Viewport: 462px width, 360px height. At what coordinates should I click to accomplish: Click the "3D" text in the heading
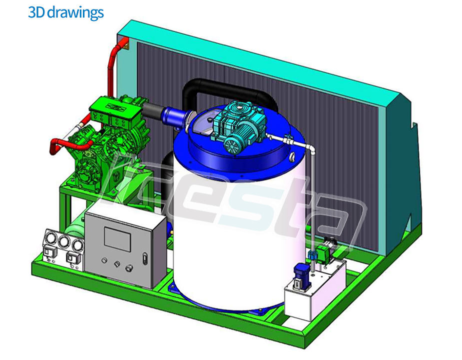click(x=36, y=12)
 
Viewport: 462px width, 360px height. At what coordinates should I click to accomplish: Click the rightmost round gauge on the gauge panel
click(x=76, y=244)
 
